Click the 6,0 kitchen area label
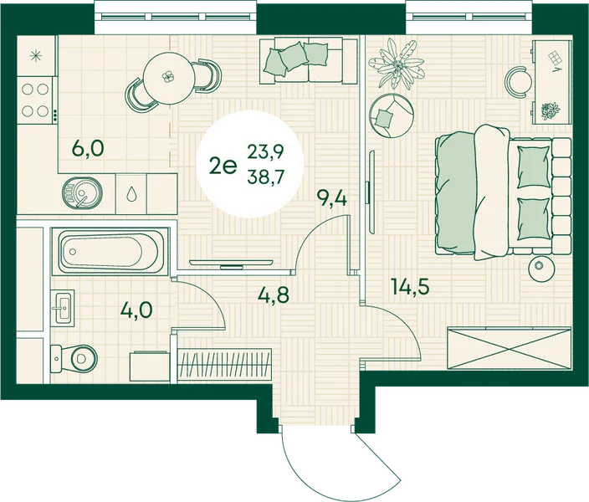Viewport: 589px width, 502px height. pyautogui.click(x=88, y=149)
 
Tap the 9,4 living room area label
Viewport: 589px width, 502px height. pyautogui.click(x=331, y=198)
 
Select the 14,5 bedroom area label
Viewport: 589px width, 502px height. pyautogui.click(x=410, y=287)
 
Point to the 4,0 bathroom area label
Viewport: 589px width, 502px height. pyautogui.click(x=136, y=310)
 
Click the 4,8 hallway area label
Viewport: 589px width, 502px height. pyautogui.click(x=274, y=295)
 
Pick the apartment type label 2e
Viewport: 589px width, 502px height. pyautogui.click(x=223, y=166)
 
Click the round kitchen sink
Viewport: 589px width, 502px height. pyautogui.click(x=82, y=192)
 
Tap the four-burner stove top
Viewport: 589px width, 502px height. pyautogui.click(x=36, y=100)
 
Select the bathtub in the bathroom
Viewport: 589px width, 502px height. pyautogui.click(x=110, y=251)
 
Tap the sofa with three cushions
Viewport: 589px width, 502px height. pyautogui.click(x=308, y=60)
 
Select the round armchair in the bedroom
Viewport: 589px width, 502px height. pyautogui.click(x=392, y=115)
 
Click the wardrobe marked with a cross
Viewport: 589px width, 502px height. pyautogui.click(x=509, y=348)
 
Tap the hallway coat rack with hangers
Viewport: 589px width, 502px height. pyautogui.click(x=224, y=364)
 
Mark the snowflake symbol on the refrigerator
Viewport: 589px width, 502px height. pyautogui.click(x=36, y=55)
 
